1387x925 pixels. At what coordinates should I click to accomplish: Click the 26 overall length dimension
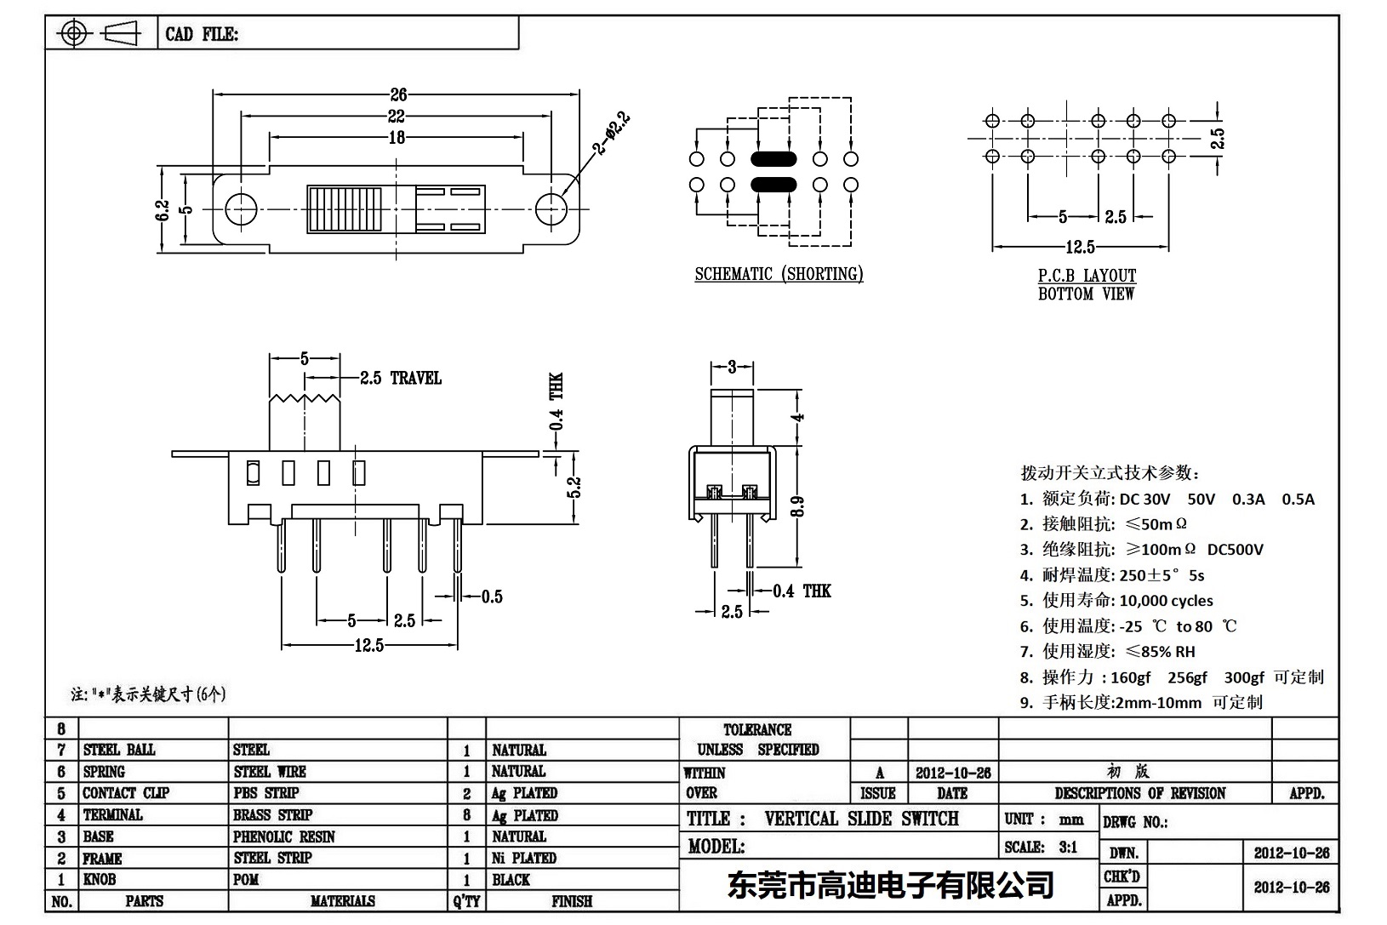398,94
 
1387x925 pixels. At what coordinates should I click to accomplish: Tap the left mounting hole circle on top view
241,208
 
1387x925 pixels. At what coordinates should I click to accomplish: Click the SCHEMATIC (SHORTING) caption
779,274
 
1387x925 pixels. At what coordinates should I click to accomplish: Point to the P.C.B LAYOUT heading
1087,276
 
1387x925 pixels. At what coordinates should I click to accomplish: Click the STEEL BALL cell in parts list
119,750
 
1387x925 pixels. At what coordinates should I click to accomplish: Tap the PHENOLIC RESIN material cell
284,836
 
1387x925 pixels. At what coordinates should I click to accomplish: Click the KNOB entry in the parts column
99,879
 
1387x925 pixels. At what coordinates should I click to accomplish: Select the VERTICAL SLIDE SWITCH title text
861,819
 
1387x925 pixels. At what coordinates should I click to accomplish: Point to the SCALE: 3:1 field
1041,847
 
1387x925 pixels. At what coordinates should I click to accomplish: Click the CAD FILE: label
202,34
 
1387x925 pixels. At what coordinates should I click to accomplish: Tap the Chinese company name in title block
890,885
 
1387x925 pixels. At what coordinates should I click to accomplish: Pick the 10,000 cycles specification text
1166,601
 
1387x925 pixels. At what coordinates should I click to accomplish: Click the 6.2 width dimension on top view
163,210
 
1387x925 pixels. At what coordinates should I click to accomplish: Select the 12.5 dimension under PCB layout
1080,247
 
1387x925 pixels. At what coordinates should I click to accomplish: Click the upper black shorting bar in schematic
773,159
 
